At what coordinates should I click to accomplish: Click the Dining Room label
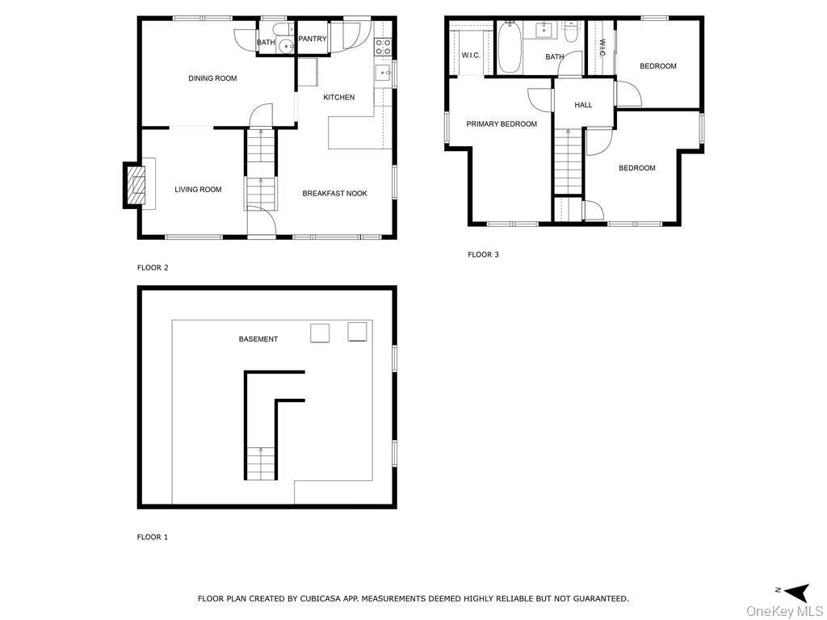click(x=212, y=78)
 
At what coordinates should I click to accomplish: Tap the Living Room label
click(x=198, y=190)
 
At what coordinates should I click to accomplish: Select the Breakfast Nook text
click(x=335, y=194)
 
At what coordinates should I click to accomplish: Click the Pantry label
click(x=313, y=39)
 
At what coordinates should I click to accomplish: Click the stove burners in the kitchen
click(x=383, y=47)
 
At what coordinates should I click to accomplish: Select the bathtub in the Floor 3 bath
click(x=510, y=48)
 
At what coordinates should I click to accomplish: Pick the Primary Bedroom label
click(x=502, y=124)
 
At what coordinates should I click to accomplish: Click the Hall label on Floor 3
click(x=583, y=105)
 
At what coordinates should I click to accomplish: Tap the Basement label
click(x=258, y=339)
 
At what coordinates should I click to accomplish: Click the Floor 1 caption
click(x=153, y=537)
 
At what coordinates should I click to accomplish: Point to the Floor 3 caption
click(x=483, y=254)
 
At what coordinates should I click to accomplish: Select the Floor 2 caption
click(x=153, y=267)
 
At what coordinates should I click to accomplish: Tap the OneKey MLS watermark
click(x=784, y=612)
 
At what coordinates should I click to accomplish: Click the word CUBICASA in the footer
click(x=321, y=598)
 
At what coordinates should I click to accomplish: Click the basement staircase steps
click(x=261, y=463)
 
